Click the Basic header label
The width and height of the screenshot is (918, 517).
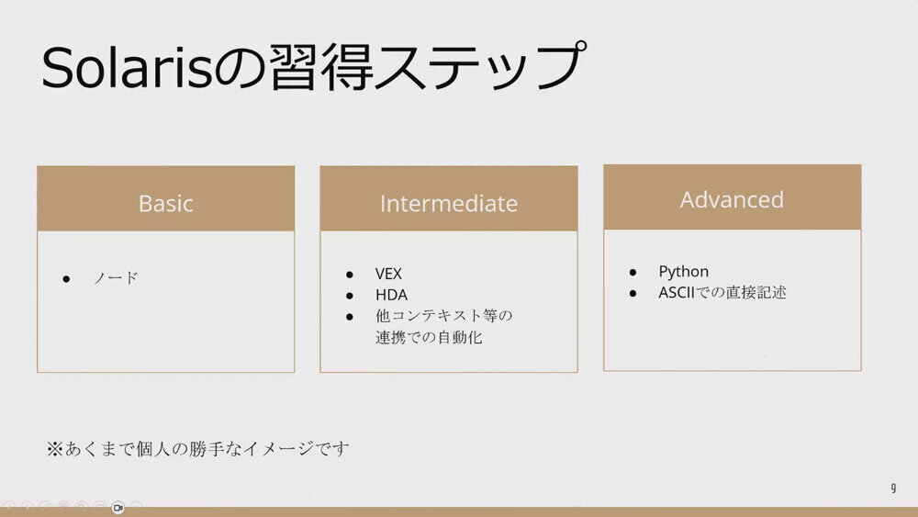tap(165, 203)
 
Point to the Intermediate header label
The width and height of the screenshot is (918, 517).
tap(449, 203)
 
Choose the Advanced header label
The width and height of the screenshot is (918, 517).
tap(732, 199)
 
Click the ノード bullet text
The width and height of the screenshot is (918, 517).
tap(116, 277)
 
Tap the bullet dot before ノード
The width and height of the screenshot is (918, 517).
tap(66, 279)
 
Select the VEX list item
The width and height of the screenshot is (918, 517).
tap(388, 274)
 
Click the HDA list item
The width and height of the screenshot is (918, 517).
tap(391, 295)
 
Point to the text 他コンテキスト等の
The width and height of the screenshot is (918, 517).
tap(443, 316)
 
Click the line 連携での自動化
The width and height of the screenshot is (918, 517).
tap(429, 337)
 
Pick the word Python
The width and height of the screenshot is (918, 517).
tap(683, 272)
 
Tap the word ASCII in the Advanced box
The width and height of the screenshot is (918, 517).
tap(677, 292)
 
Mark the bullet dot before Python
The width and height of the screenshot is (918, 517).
tap(633, 272)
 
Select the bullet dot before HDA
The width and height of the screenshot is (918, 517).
tap(350, 296)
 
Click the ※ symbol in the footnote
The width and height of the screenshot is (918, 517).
tap(54, 449)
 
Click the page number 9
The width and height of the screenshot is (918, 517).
tap(893, 487)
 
